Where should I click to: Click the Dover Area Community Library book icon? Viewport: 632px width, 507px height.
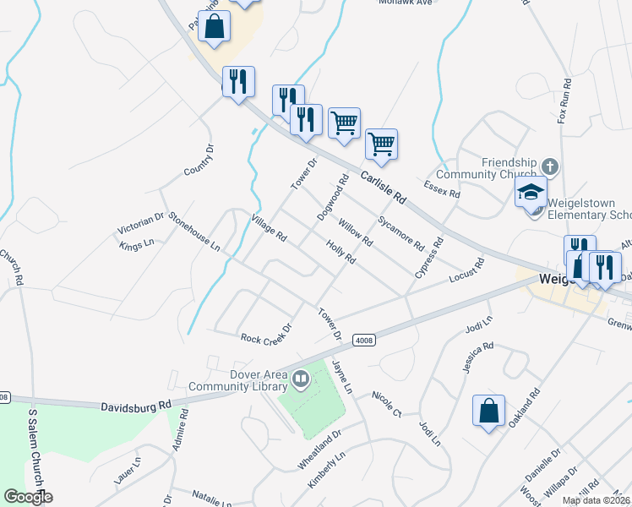point(300,380)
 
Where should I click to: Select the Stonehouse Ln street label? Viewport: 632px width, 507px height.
point(193,232)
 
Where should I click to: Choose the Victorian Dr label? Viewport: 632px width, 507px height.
point(141,223)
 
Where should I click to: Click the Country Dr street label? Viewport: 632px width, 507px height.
point(199,161)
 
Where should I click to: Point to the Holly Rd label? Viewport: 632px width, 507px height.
point(341,252)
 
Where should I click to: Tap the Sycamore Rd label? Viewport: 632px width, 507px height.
point(400,234)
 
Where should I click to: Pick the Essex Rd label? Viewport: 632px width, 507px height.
point(442,188)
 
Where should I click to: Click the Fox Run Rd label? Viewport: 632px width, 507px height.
point(565,102)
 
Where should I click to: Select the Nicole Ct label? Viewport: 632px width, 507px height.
point(388,404)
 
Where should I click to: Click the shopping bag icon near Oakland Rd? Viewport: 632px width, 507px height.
point(488,412)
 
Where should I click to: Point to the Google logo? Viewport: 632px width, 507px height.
point(28,497)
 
